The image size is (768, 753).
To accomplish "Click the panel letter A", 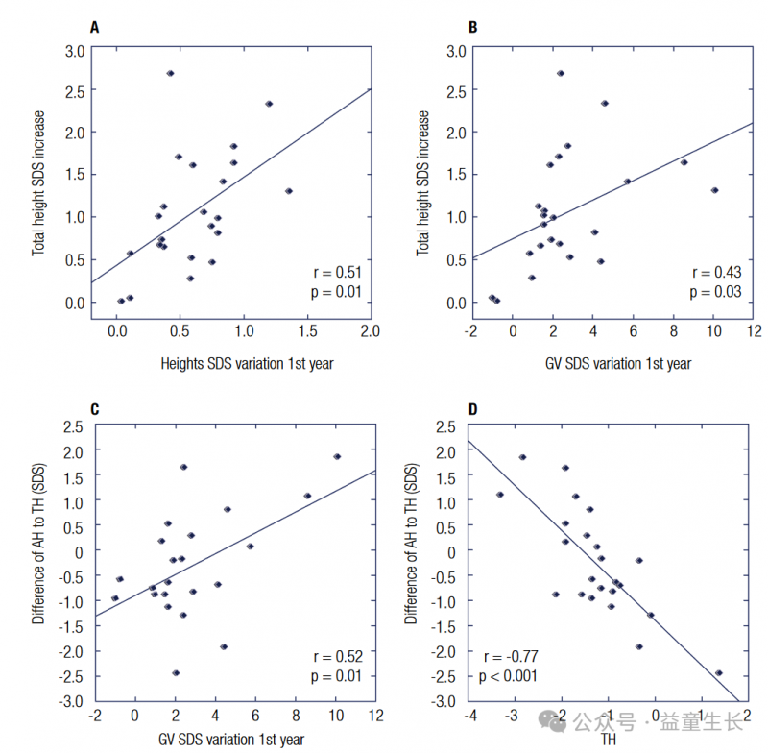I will click(94, 27).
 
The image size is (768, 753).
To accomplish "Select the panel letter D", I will click(472, 410).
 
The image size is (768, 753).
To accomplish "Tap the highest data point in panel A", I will click(170, 73).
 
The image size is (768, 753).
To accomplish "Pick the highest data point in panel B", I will click(561, 73).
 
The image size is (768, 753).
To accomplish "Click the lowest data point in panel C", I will click(176, 672).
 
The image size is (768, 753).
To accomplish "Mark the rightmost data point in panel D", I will click(718, 672).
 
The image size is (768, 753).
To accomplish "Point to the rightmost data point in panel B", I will click(714, 190).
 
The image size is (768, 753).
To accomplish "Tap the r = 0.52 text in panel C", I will click(338, 657).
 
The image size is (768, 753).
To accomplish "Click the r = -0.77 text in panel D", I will click(509, 657).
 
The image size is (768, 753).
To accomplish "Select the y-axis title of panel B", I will click(422, 182).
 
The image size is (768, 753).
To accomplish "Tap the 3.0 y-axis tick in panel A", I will click(74, 49).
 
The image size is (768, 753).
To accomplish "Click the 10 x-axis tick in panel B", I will click(713, 331).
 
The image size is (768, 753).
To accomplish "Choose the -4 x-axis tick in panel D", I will click(470, 716).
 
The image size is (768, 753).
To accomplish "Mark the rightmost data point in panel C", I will click(337, 456).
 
